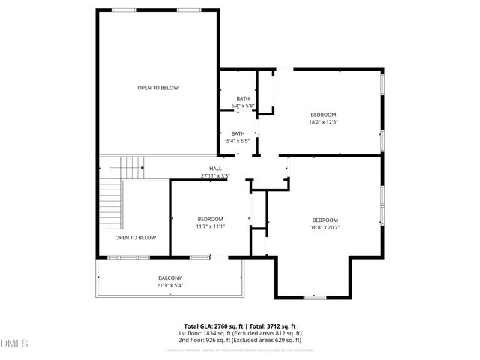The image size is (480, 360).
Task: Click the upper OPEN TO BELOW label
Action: point(157,88)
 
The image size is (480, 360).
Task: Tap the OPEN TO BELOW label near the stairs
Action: point(135,238)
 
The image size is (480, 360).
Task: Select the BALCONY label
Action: point(169,278)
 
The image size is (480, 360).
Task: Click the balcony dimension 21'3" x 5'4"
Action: point(169,285)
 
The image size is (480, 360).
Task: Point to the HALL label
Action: point(215,169)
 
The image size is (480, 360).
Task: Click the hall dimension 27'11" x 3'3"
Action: point(215,176)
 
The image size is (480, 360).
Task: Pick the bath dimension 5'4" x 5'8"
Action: point(243,106)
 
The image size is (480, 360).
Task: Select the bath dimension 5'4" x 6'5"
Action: point(238,141)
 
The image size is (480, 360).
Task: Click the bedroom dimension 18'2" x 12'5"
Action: point(324,122)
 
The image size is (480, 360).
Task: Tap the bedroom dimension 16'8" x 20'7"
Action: point(326,227)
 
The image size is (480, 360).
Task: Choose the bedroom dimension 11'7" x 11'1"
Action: point(211,226)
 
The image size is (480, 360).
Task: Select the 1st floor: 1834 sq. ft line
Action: point(240,333)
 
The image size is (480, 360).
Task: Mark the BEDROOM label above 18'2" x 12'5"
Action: point(324,115)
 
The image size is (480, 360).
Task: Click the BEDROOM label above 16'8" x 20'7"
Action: point(326,220)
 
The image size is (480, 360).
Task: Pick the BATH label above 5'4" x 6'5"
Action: point(238,133)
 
